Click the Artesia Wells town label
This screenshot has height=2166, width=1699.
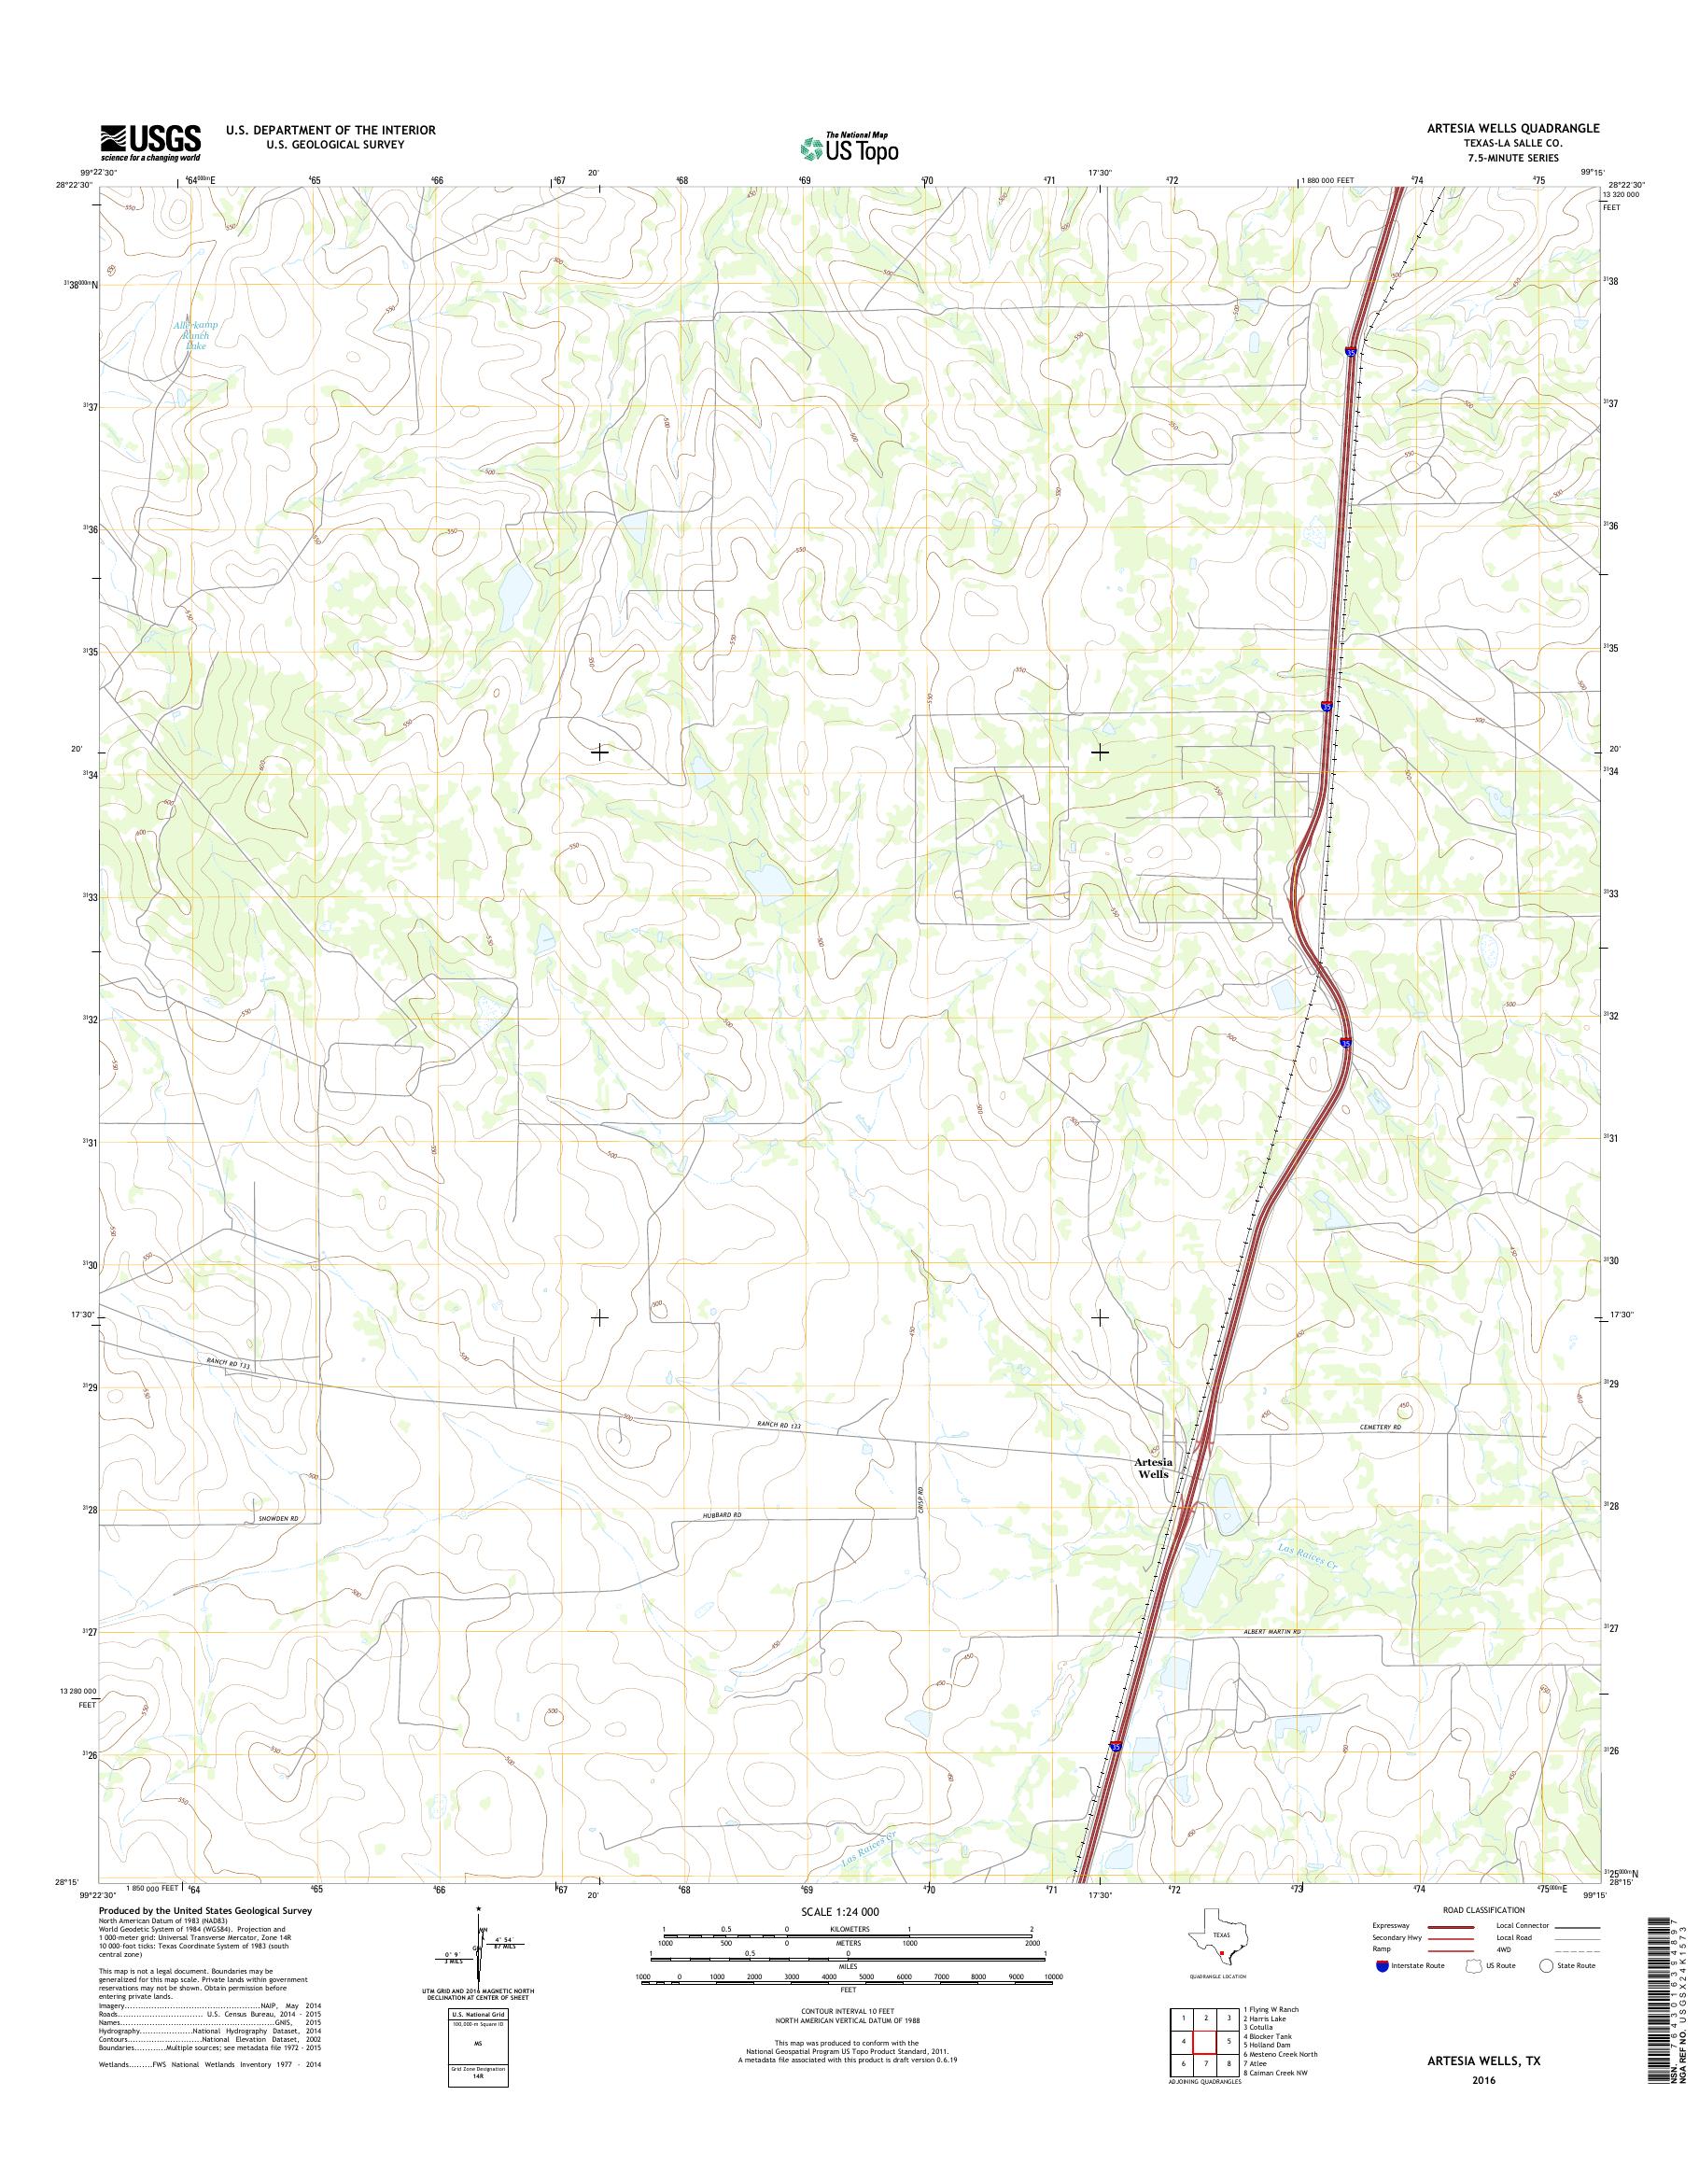pyautogui.click(x=1153, y=1468)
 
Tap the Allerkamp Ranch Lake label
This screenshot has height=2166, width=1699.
pyautogui.click(x=196, y=336)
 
